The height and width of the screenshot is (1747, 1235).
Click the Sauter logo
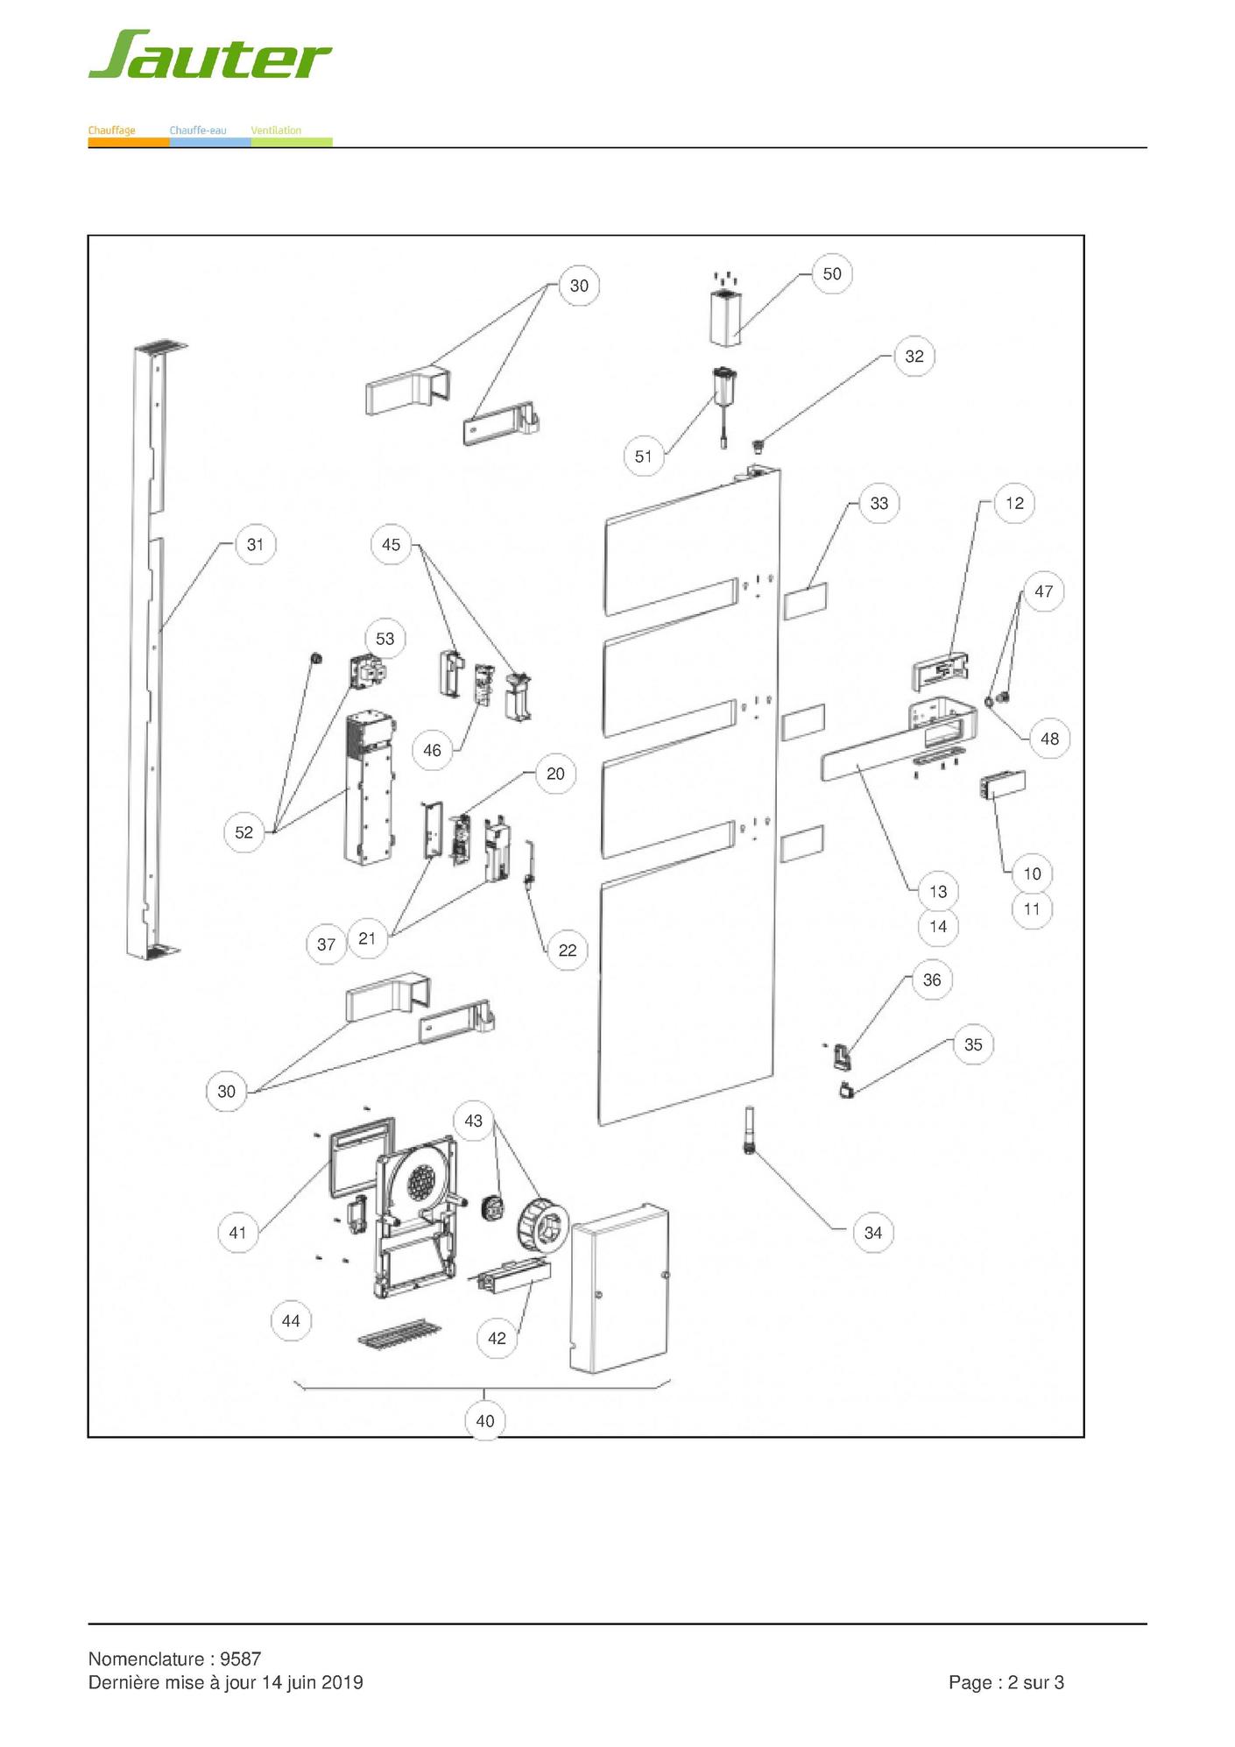[210, 55]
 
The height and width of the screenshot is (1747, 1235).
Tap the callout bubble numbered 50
[831, 273]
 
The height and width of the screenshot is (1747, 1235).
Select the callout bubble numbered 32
[914, 356]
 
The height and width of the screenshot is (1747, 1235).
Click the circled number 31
[255, 544]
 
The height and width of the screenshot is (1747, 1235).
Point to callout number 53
[385, 639]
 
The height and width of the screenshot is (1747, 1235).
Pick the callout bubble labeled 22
[568, 950]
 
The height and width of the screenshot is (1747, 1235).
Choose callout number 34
[872, 1233]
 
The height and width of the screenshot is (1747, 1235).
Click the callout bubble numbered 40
[485, 1420]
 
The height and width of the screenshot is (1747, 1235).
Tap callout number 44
[291, 1320]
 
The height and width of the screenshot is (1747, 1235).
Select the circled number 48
[1049, 739]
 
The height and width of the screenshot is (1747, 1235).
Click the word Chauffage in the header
[112, 131]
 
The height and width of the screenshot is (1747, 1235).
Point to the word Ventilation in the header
[276, 131]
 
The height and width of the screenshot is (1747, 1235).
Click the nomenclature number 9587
[240, 1659]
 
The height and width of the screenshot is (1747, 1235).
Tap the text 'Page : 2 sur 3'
[1006, 1682]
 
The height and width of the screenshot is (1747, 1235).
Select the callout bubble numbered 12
[1014, 503]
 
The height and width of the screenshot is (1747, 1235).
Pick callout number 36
[932, 980]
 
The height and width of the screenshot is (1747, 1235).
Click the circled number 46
[432, 750]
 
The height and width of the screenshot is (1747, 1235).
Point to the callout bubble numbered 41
[237, 1233]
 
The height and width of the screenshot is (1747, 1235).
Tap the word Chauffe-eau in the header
[198, 131]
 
